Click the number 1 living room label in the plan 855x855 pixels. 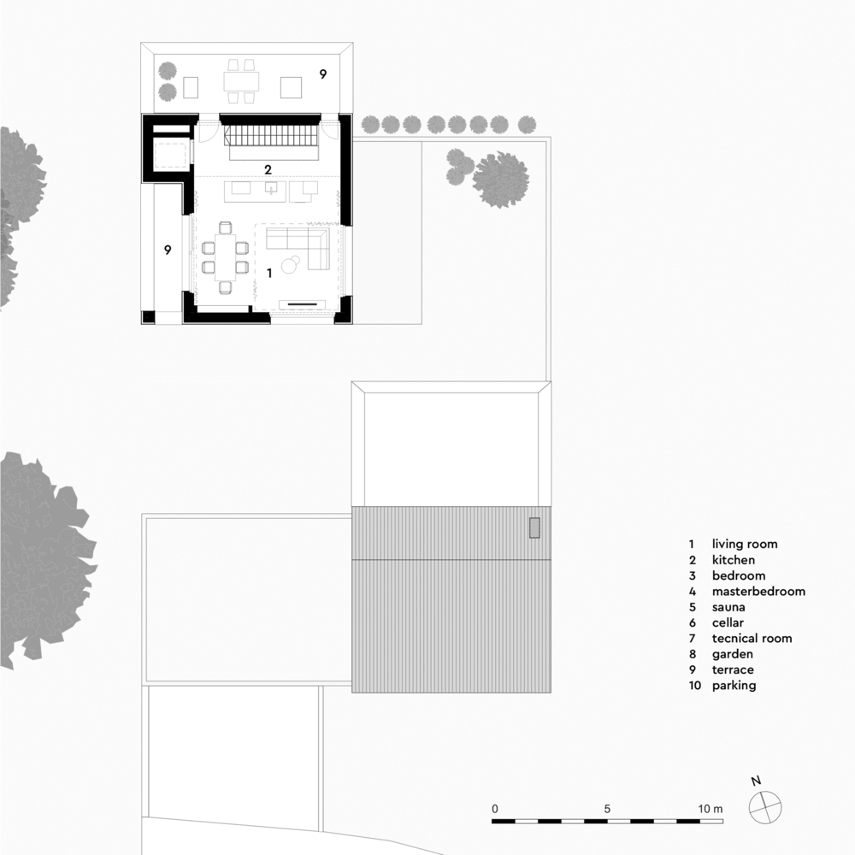269,273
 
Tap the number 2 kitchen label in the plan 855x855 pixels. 268,169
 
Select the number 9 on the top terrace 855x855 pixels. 323,74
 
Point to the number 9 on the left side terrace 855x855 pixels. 168,250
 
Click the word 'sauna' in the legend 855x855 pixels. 728,607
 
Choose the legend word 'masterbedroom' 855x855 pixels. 758,591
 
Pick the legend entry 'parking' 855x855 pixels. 734,686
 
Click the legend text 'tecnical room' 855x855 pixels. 752,638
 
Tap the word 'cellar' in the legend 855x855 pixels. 728,622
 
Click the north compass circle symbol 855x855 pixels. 765,808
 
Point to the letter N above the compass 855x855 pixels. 756,781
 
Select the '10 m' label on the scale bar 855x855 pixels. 711,809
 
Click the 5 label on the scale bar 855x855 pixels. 607,809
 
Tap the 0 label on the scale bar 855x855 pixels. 494,809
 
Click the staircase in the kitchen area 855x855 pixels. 271,135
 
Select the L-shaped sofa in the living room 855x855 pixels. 298,248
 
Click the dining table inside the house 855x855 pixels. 225,256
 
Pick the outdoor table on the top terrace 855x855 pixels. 241,82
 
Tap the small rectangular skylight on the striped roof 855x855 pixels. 534,528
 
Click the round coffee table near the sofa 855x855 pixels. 290,265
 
